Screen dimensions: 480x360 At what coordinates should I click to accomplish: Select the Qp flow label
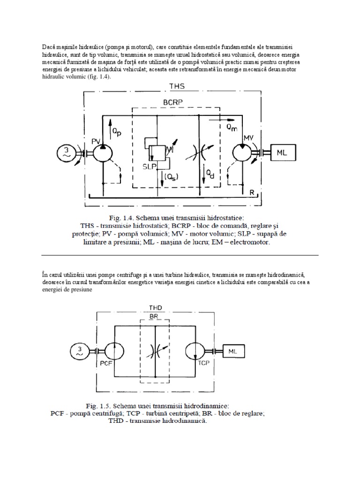(116, 133)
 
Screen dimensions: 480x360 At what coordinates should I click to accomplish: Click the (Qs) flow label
(172, 177)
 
